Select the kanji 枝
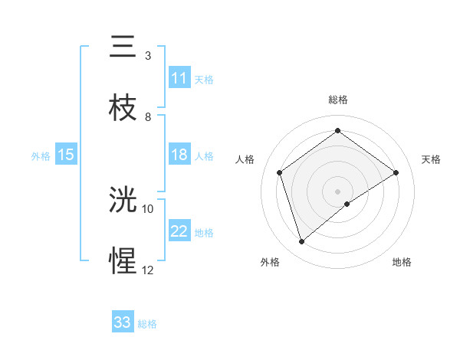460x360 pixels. point(123,108)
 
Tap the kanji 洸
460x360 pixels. point(123,201)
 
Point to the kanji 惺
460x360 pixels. point(123,261)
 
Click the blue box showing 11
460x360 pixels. point(179,78)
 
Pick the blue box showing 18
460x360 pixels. point(179,155)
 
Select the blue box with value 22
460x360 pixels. point(179,231)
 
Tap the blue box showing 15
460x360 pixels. point(66,155)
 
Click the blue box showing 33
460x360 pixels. point(123,322)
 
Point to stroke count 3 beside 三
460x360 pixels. point(148,55)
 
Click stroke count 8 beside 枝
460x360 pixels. point(148,116)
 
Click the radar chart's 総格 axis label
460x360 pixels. point(338,100)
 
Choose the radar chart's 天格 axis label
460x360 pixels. point(431,159)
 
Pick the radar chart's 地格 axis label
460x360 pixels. point(402,262)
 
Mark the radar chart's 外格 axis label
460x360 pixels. point(270,262)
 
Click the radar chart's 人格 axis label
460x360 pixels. point(245,159)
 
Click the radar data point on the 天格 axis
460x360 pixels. point(396,172)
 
